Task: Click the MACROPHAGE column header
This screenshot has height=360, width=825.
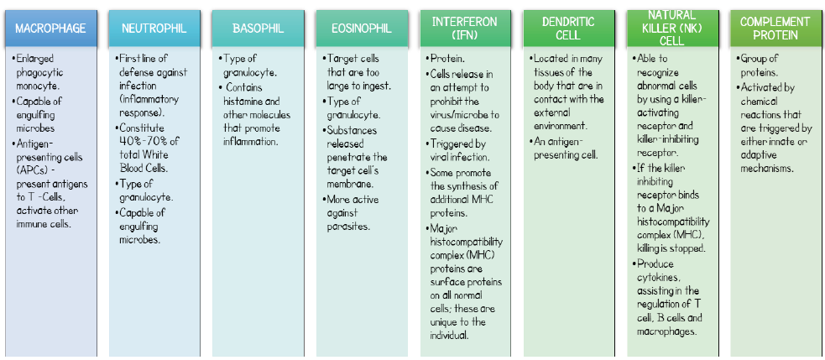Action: click(50, 28)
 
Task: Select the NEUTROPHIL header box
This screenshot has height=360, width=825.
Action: click(154, 28)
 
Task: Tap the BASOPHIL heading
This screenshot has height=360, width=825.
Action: click(258, 28)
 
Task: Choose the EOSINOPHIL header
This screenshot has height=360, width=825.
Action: click(362, 28)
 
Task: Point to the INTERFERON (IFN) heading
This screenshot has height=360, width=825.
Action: click(465, 28)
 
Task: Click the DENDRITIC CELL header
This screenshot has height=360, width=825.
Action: click(569, 28)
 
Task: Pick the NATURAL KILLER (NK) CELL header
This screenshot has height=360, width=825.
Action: click(672, 28)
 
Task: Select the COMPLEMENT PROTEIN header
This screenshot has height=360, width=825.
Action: click(775, 28)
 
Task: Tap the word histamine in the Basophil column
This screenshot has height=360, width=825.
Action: click(242, 101)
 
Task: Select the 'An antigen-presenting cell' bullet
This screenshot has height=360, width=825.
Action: click(561, 148)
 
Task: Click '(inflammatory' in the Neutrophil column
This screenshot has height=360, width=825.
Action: click(149, 100)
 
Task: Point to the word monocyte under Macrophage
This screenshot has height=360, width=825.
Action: click(36, 86)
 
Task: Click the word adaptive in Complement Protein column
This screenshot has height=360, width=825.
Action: click(760, 155)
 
